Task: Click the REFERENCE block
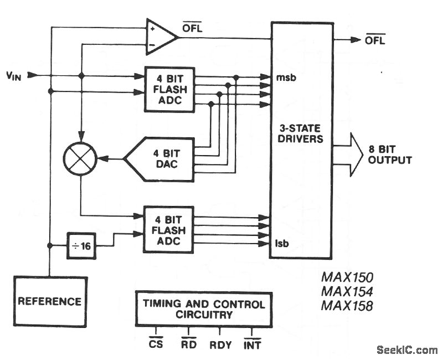point(50,301)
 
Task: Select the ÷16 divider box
point(81,245)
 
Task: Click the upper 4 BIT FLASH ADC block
point(169,89)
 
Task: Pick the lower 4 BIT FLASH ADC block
point(169,229)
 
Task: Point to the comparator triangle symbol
point(160,37)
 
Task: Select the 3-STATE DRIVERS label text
point(301,133)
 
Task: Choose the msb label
point(285,77)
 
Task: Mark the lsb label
point(283,243)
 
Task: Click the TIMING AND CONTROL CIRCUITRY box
point(204,309)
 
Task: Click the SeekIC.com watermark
point(406,349)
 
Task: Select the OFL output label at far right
point(375,40)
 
